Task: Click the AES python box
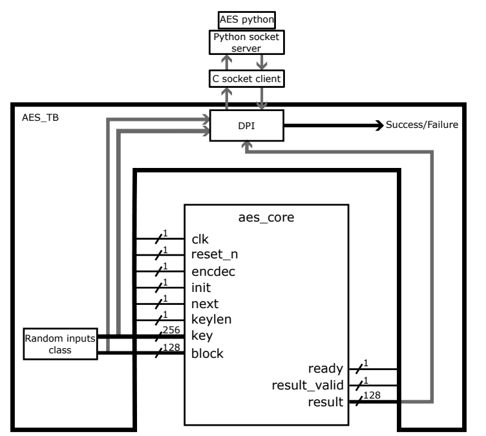[x=244, y=20]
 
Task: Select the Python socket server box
[x=244, y=43]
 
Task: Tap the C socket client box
[x=244, y=78]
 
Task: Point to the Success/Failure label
[x=421, y=125]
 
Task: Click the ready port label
[x=326, y=369]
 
